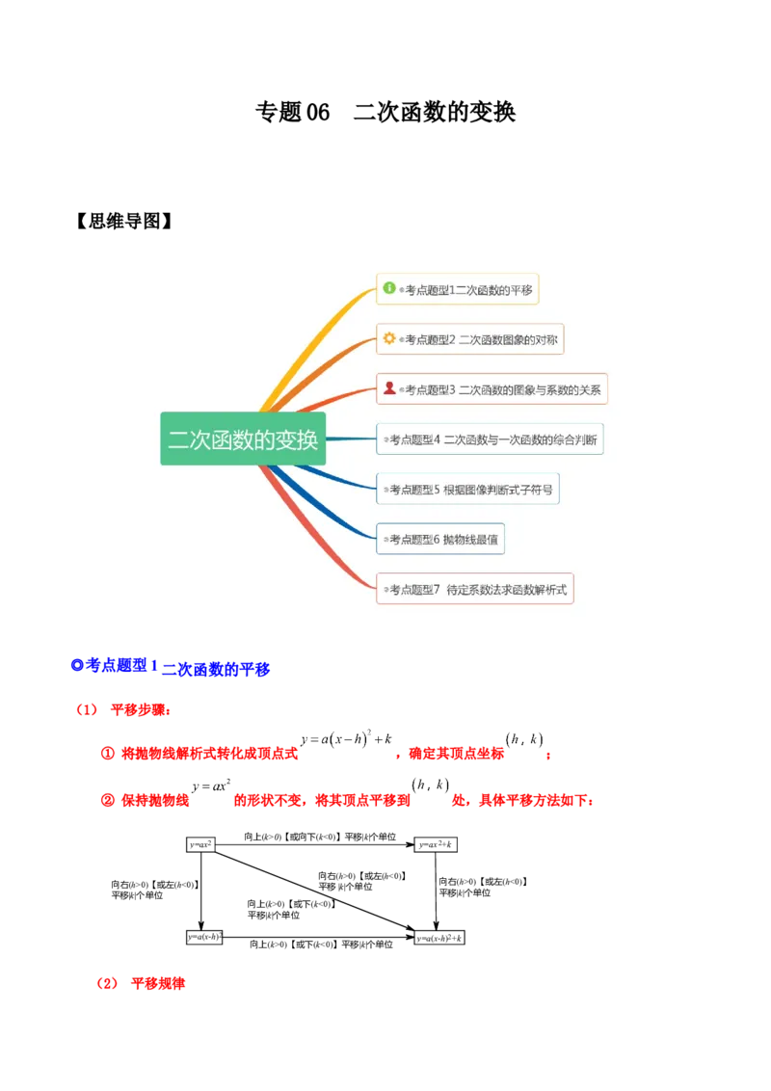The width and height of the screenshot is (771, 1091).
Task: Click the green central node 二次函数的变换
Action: click(x=243, y=439)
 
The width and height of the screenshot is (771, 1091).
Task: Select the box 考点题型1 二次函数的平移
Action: click(x=457, y=289)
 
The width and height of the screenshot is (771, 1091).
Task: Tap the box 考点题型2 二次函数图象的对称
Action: click(x=470, y=339)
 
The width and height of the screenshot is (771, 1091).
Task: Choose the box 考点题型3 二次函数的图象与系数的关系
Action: click(x=492, y=389)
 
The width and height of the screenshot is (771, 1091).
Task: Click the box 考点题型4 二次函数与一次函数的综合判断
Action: click(x=490, y=439)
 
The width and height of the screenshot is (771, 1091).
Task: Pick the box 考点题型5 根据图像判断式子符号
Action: click(x=467, y=490)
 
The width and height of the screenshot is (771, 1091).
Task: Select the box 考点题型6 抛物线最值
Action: click(x=440, y=540)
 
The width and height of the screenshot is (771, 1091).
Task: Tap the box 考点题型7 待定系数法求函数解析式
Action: click(x=475, y=589)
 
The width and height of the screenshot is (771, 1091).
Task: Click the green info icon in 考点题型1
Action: click(x=389, y=288)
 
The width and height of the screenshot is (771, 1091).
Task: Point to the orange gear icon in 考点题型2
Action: click(x=389, y=338)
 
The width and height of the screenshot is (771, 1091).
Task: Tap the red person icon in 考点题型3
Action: click(x=389, y=388)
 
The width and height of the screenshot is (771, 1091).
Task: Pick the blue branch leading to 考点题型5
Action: click(x=337, y=477)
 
